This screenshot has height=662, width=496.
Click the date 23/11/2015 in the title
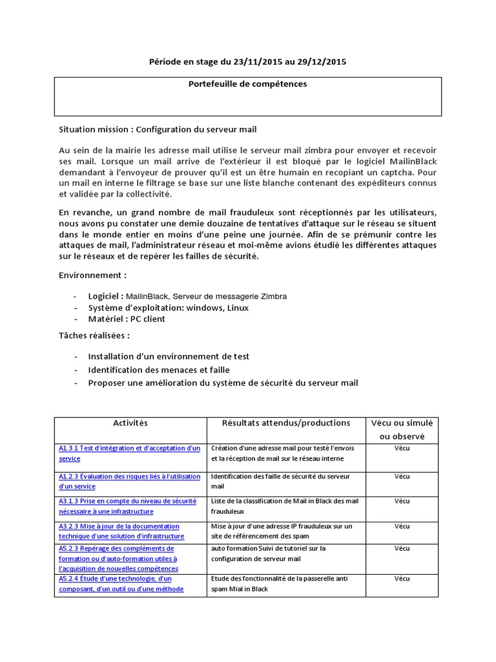[x=252, y=62]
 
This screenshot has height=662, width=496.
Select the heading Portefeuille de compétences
[x=247, y=84]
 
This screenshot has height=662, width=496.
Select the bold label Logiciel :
[x=106, y=296]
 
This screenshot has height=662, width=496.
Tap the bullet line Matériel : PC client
[x=127, y=319]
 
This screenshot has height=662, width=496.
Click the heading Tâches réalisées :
[x=94, y=336]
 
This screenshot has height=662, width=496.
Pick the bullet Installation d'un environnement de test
[x=169, y=356]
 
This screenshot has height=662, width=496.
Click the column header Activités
[x=130, y=423]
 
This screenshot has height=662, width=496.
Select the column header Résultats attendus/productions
[x=286, y=423]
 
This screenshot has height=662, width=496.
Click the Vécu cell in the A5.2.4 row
[x=402, y=579]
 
